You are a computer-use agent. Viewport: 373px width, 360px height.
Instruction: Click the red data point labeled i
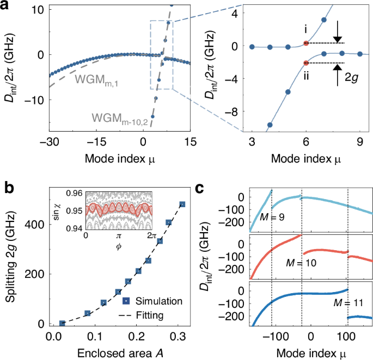click(x=306, y=43)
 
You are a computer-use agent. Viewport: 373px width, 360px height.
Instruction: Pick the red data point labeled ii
click(x=306, y=63)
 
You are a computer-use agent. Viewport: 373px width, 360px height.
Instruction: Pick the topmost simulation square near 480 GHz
click(x=182, y=204)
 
